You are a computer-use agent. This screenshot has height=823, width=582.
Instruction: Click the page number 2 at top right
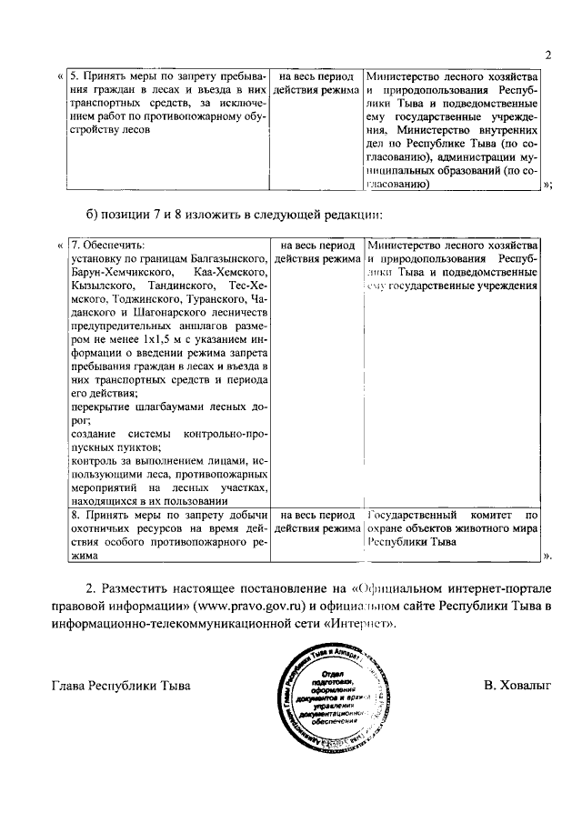click(x=548, y=55)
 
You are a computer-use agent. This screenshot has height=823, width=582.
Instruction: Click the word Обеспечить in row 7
click(x=114, y=246)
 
